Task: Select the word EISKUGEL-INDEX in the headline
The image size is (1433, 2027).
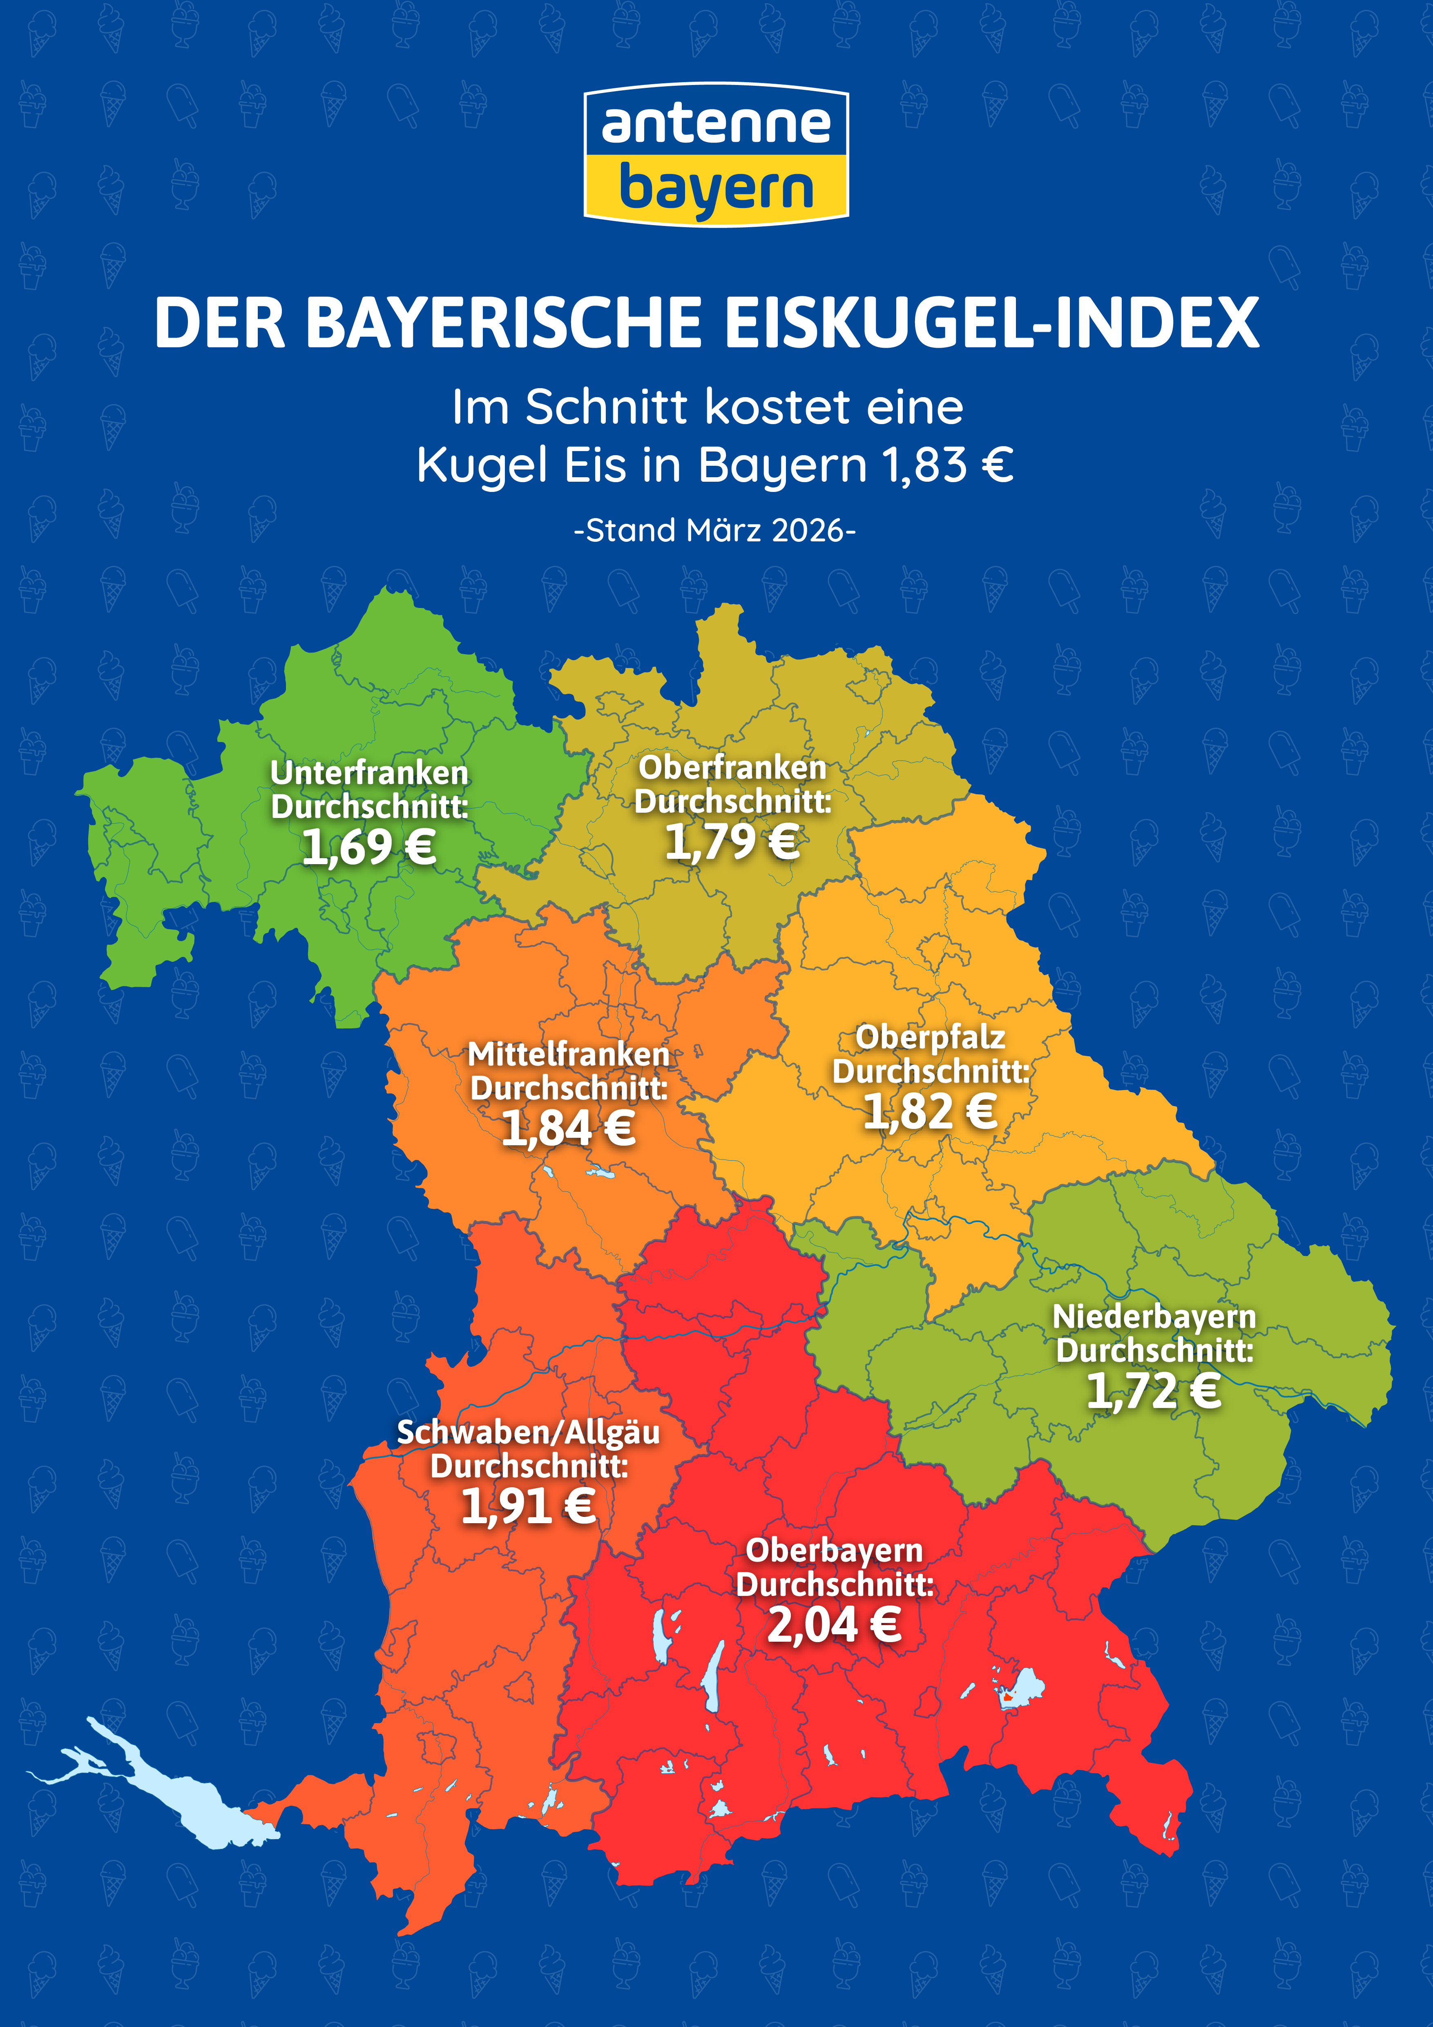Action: coord(992,323)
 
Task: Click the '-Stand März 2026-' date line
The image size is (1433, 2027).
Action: coord(715,531)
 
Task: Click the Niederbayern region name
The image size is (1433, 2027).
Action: coord(1154,1316)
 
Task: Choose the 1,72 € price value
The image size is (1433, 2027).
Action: coord(1154,1390)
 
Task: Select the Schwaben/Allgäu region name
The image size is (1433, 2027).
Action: coord(529,1432)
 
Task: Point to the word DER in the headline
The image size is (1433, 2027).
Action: coord(220,323)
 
